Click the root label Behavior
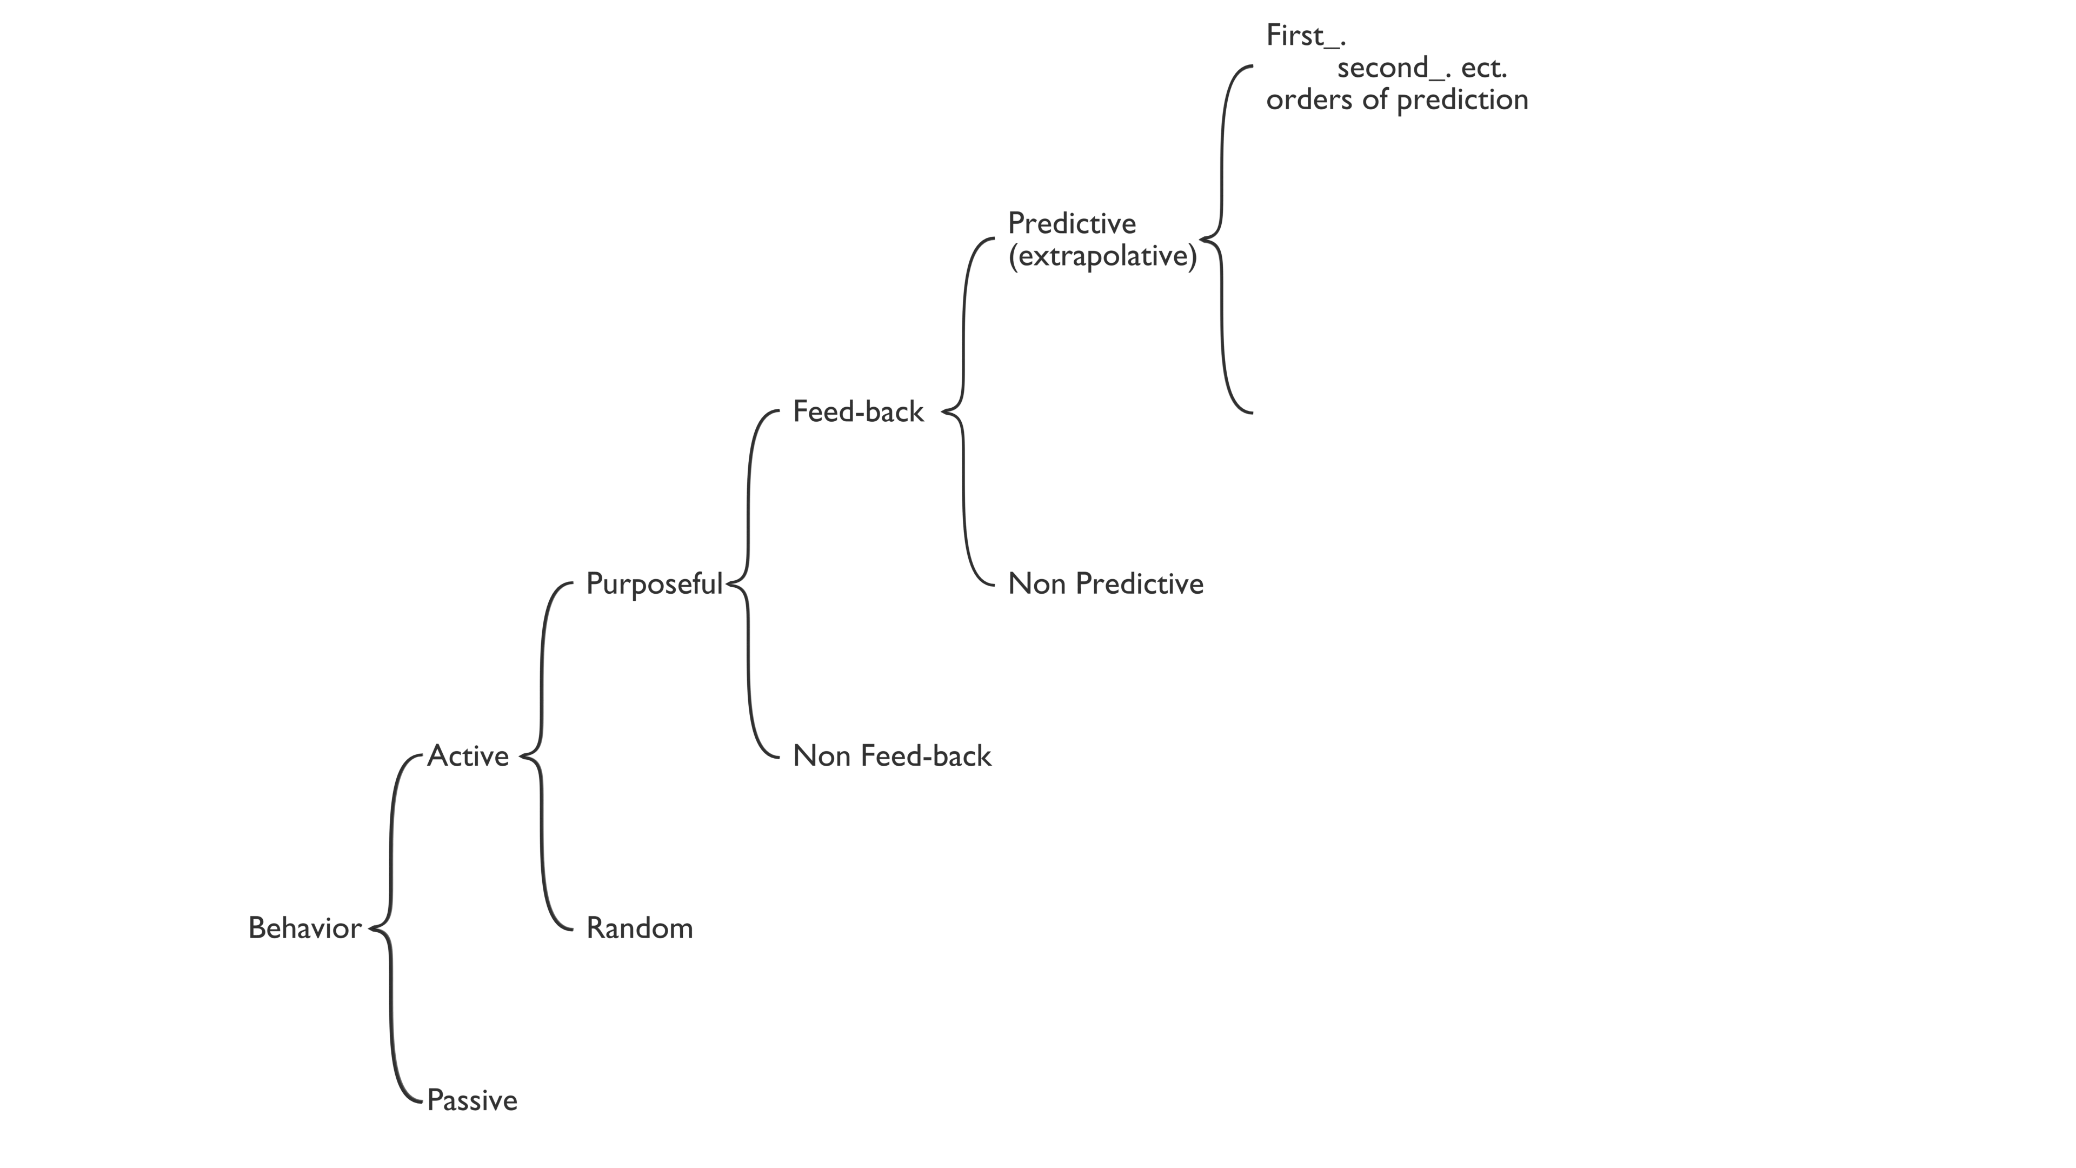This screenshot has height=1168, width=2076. [x=304, y=928]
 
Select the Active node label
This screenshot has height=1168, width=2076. [x=468, y=756]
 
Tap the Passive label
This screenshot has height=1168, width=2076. [x=473, y=1100]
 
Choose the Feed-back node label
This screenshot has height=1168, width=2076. [x=859, y=412]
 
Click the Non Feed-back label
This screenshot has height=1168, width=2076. [x=892, y=756]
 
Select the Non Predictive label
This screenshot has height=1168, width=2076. [x=1106, y=583]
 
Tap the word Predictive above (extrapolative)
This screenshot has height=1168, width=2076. [x=1072, y=223]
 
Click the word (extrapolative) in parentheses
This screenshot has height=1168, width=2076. [x=1102, y=256]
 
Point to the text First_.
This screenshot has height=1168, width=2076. [x=1306, y=36]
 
